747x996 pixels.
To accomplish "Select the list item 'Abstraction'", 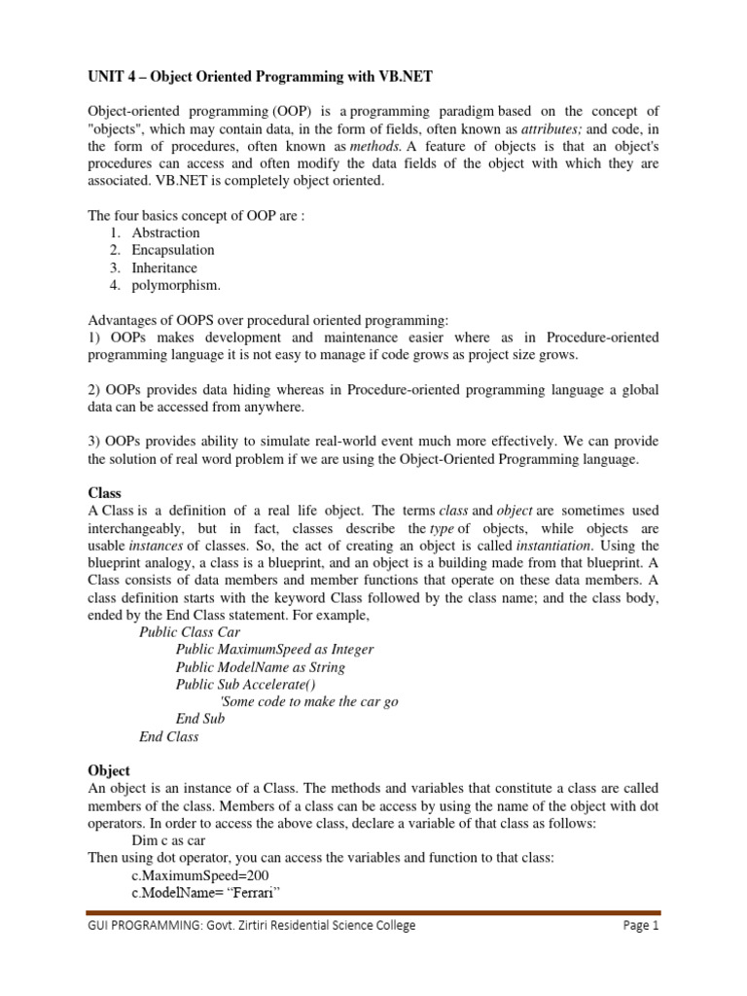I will [165, 232].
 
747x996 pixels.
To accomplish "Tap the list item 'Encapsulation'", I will [173, 250].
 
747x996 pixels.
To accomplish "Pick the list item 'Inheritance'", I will [164, 267].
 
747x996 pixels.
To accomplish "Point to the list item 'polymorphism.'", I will [176, 285].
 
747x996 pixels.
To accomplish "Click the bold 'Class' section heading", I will [105, 493].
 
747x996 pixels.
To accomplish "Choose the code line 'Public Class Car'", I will [190, 631].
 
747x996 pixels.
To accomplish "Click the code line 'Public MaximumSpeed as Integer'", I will [274, 649].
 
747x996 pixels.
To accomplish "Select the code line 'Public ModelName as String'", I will [260, 666].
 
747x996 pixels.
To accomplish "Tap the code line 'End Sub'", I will [199, 719].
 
